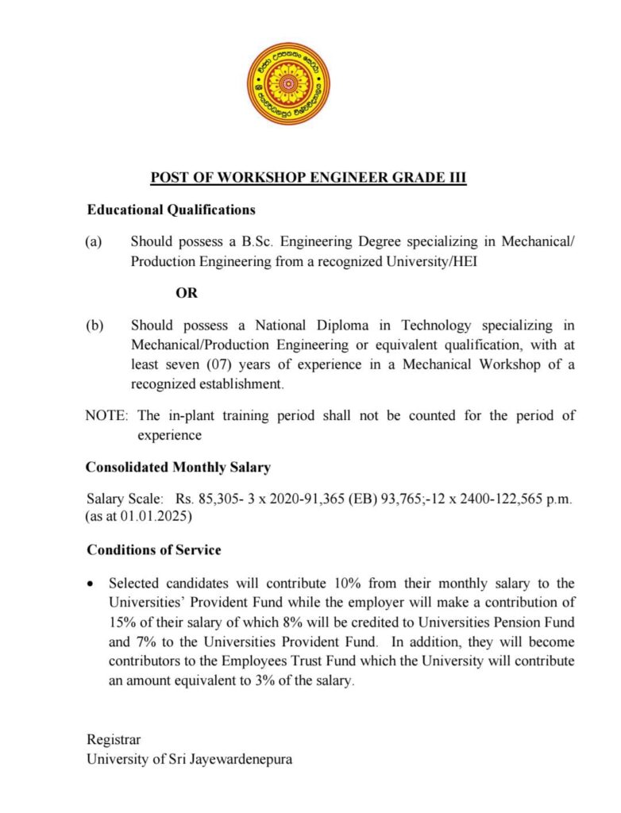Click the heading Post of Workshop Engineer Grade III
point(308,177)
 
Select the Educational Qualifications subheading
point(171,210)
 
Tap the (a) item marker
point(94,241)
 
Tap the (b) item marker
point(94,326)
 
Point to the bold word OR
point(187,292)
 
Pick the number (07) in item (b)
point(231,365)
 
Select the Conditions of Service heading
point(153,549)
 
